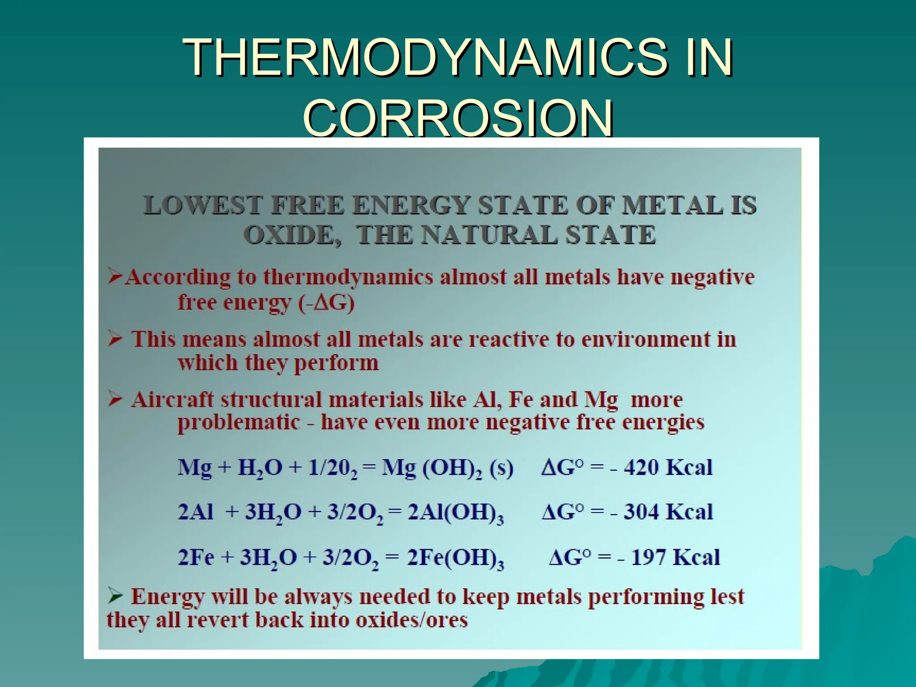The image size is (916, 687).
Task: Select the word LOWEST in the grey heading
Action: click(x=202, y=206)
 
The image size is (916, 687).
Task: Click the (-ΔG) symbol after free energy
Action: click(x=326, y=303)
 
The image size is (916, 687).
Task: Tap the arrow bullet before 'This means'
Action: click(x=115, y=339)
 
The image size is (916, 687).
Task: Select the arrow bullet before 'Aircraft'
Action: click(x=115, y=399)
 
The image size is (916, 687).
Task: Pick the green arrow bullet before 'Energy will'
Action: click(x=115, y=596)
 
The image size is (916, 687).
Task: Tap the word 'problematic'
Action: click(x=239, y=422)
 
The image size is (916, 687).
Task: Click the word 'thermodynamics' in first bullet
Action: click(x=348, y=277)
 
